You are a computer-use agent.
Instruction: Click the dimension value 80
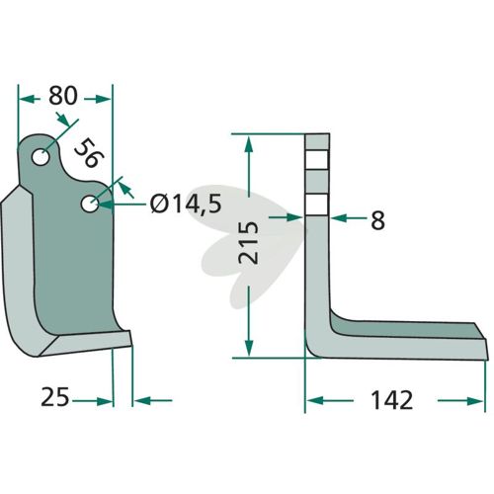coord(63,96)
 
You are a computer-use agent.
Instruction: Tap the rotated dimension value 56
coord(89,153)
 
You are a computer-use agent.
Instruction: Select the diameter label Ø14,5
coord(186,205)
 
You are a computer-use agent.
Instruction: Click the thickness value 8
coord(377,220)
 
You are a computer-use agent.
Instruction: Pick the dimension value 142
coord(391,400)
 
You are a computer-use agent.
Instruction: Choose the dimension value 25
coord(55,397)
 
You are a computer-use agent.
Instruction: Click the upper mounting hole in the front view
coord(41,157)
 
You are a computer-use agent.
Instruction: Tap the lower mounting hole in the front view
coord(90,205)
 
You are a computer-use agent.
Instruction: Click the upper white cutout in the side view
coord(317,160)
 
